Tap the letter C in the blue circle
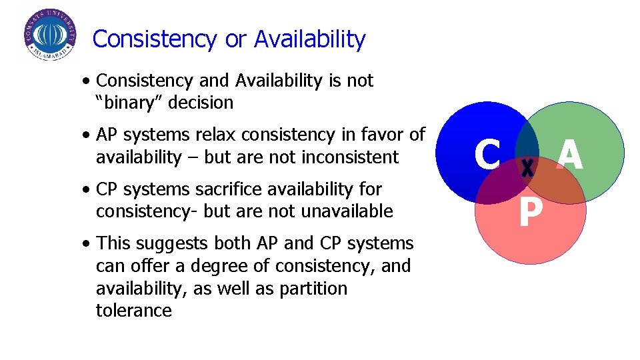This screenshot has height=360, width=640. (x=487, y=155)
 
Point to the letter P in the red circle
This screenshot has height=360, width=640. (x=530, y=214)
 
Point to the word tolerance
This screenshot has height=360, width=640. (x=133, y=311)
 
